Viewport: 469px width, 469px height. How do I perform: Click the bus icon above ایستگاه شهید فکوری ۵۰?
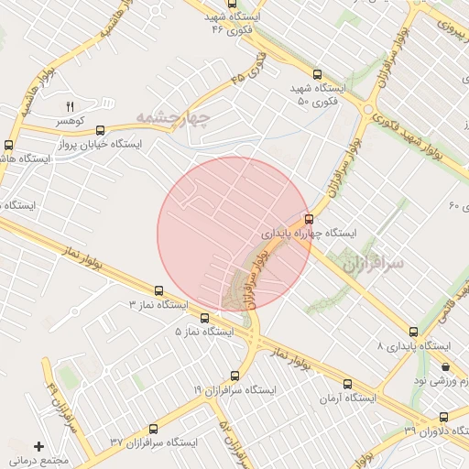click(318, 75)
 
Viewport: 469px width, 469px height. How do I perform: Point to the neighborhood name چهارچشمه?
click(174, 117)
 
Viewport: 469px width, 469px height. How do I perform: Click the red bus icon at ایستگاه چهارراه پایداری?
click(308, 219)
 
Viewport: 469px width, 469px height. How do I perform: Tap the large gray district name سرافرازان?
click(374, 264)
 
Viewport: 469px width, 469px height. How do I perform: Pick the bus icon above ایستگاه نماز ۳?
click(159, 289)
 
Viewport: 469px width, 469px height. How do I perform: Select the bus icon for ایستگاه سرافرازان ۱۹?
click(234, 376)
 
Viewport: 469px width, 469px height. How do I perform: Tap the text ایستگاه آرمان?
click(349, 398)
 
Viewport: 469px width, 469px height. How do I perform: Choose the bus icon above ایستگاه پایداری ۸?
click(414, 333)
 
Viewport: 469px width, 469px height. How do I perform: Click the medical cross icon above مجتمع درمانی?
click(38, 445)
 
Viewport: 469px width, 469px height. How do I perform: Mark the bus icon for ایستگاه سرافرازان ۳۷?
click(153, 428)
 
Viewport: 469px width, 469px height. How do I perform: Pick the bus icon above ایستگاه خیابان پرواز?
click(100, 131)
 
